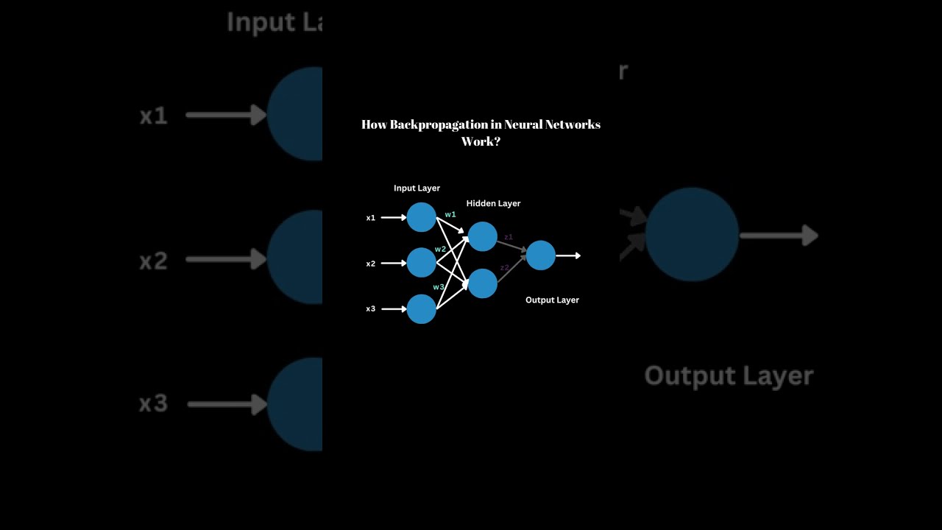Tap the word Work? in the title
[481, 141]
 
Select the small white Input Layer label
[417, 188]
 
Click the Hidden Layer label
[493, 204]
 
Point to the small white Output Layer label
[552, 300]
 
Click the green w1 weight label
[450, 215]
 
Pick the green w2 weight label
[440, 250]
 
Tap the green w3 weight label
[439, 287]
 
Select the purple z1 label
[508, 237]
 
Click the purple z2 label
[505, 268]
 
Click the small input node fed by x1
[422, 217]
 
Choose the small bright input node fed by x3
[422, 309]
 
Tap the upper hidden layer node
[482, 236]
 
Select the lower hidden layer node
[482, 283]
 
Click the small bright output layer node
[541, 255]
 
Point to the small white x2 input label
[371, 264]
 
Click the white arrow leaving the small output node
[569, 255]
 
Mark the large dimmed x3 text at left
[153, 403]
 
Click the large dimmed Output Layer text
[729, 376]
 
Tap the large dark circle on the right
[692, 235]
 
